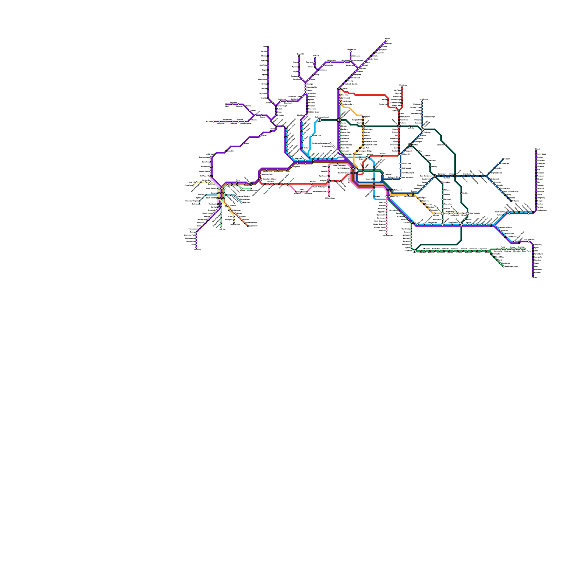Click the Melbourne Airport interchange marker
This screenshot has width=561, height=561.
pyautogui.click(x=319, y=120)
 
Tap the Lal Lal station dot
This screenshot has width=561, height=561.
pyautogui.click(x=260, y=136)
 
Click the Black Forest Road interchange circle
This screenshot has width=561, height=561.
pyautogui.click(x=260, y=179)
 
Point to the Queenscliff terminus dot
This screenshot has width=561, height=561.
pyautogui.click(x=248, y=226)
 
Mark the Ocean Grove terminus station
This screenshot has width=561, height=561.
pyautogui.click(x=234, y=223)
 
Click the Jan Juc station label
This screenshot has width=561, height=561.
pyautogui.click(x=222, y=229)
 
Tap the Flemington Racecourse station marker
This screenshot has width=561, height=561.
pyautogui.click(x=330, y=143)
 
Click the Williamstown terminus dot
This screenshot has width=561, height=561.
pyautogui.click(x=329, y=196)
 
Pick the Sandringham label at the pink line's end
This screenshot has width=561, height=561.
pyautogui.click(x=387, y=236)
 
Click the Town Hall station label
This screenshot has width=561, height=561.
pyautogui.click(x=369, y=179)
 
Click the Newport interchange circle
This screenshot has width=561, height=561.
pyautogui.click(x=329, y=181)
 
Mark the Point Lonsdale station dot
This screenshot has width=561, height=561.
pyautogui.click(x=242, y=220)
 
